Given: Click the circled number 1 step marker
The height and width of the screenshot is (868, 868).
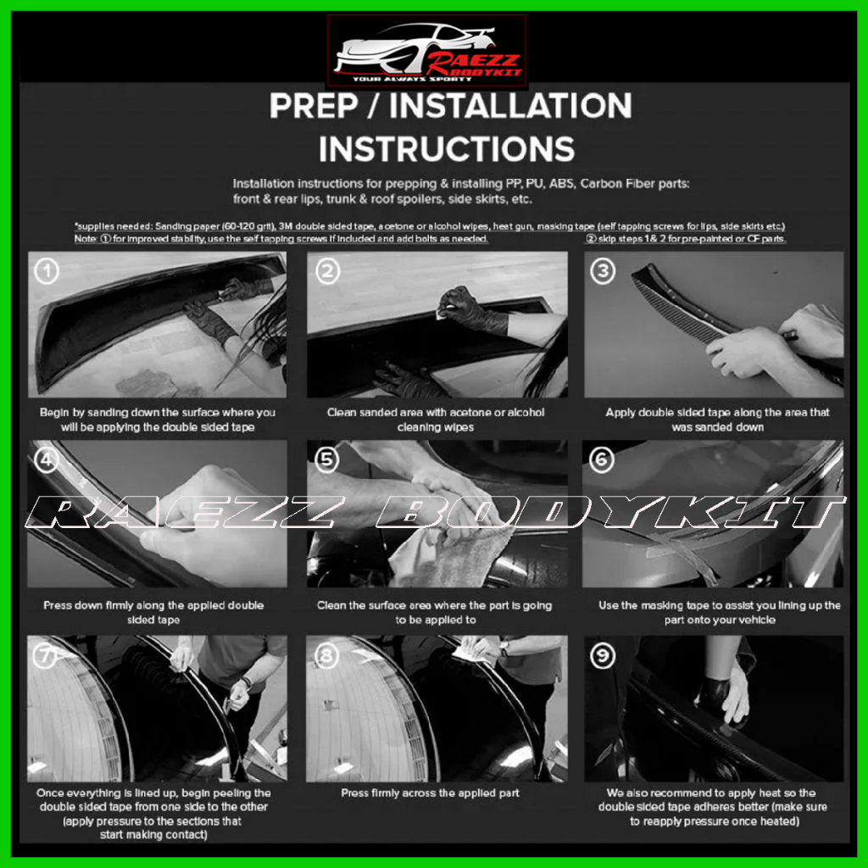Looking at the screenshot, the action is pos(47,271).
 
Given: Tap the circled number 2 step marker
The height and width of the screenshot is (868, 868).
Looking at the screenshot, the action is pos(328,271).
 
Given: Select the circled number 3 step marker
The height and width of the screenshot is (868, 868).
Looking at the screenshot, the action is pos(603,271).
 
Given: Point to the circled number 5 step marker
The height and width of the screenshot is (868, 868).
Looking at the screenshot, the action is pos(326,459).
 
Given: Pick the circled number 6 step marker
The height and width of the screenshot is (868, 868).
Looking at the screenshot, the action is pos(602,459).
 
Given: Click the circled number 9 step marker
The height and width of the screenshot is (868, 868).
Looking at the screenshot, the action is pos(603,656).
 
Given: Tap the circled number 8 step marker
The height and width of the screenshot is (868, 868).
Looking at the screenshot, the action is pos(326,656).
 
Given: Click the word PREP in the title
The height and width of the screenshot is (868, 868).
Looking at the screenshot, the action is pos(314,106).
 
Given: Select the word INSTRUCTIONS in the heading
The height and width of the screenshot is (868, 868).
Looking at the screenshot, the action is pos(447,149).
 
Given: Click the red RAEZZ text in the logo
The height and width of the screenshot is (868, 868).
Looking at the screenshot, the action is pos(473,61).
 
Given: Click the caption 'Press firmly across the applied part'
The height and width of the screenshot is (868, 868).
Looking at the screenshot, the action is pos(430,793).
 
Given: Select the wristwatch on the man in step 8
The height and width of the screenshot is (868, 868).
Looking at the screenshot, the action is pos(504,648).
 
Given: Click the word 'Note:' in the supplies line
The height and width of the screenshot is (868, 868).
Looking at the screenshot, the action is pos(86,238).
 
